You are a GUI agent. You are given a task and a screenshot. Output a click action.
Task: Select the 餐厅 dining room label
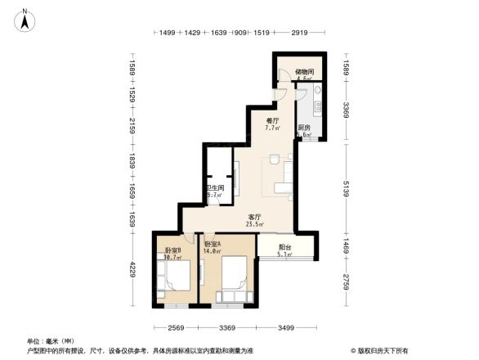[272, 120]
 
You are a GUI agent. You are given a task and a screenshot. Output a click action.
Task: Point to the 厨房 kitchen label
[303, 128]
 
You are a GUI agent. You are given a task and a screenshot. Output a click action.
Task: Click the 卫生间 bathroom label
[214, 188]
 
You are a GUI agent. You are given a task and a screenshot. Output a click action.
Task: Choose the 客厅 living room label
[255, 217]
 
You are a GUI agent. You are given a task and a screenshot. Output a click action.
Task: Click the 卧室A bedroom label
[213, 245]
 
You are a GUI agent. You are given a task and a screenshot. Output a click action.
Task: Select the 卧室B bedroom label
[172, 250]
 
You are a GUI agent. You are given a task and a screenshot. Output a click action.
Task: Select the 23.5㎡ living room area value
[255, 224]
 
